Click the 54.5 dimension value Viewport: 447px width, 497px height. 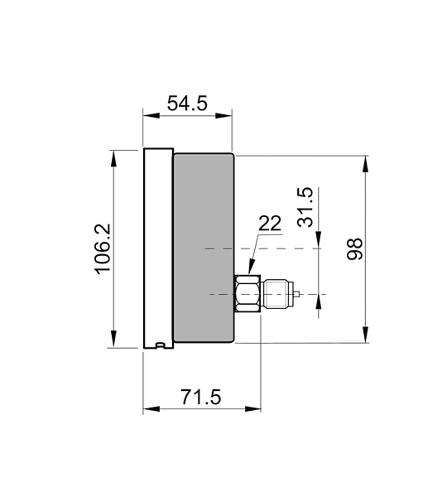pyautogui.click(x=187, y=103)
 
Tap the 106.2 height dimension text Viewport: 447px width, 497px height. pyautogui.click(x=103, y=248)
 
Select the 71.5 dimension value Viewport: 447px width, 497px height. pyautogui.click(x=200, y=397)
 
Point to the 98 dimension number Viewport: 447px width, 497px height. pyautogui.click(x=354, y=249)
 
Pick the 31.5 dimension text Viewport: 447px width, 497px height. pyautogui.click(x=305, y=207)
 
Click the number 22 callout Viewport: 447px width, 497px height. pyautogui.click(x=270, y=223)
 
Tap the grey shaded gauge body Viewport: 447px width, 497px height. pyautogui.click(x=204, y=248)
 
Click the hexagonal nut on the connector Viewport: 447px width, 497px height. pyautogui.click(x=248, y=293)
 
